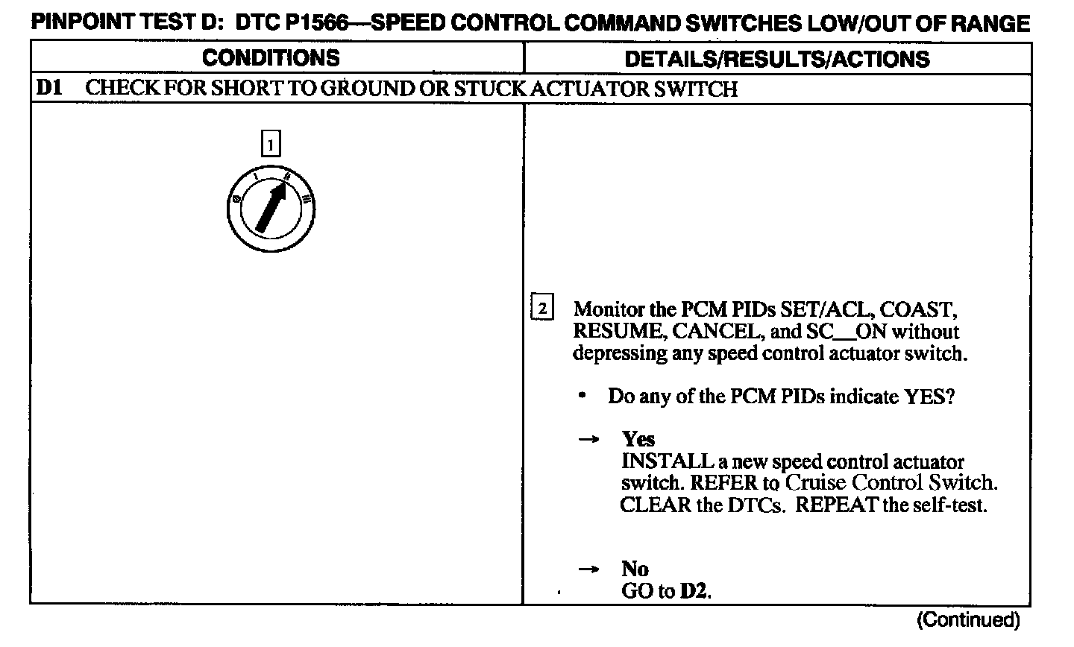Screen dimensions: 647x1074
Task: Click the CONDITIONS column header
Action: tap(270, 58)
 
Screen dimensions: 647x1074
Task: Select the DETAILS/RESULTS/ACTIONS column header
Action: tap(776, 60)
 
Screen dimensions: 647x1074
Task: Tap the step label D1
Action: tap(48, 89)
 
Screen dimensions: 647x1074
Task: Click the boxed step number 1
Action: tap(270, 143)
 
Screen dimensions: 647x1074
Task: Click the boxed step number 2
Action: tap(542, 308)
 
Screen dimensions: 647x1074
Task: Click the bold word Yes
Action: tap(638, 439)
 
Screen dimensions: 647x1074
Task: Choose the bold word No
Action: tap(635, 569)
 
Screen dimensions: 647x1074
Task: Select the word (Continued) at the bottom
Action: tap(967, 619)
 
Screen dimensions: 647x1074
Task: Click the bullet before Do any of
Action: tap(582, 395)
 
